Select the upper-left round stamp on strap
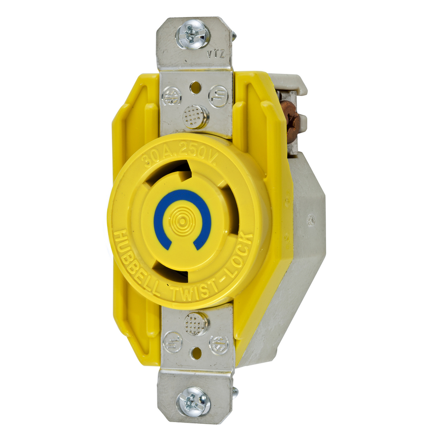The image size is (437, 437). point(171,96)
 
